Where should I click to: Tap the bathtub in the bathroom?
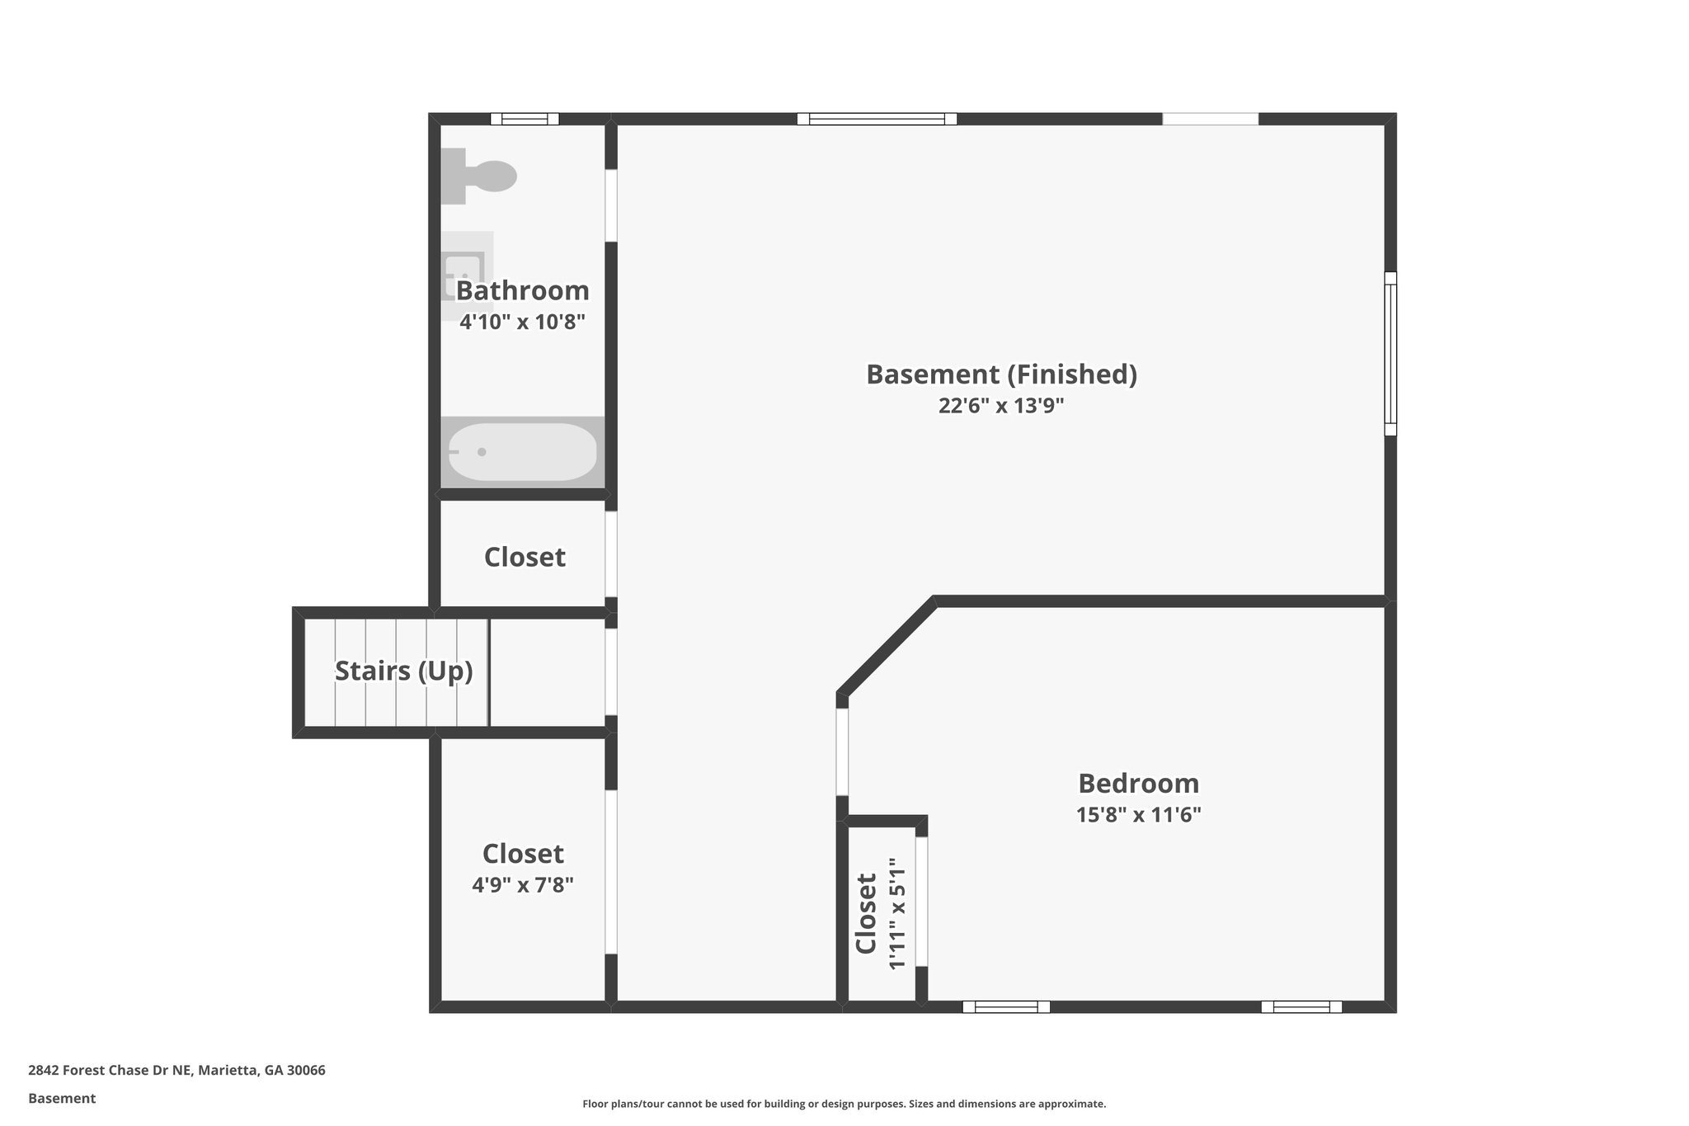(x=522, y=452)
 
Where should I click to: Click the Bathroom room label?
(x=522, y=290)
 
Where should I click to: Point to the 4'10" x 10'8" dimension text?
(x=522, y=322)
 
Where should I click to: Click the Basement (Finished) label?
(x=1001, y=375)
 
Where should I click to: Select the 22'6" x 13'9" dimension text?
(x=1001, y=406)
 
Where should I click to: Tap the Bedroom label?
(x=1138, y=783)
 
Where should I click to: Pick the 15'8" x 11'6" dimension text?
(x=1138, y=815)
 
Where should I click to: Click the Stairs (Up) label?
(x=403, y=671)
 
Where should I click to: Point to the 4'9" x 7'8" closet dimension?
(x=523, y=885)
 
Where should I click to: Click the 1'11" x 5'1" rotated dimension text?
(x=897, y=914)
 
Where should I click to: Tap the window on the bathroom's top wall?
(x=525, y=119)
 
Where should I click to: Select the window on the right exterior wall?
(x=1390, y=353)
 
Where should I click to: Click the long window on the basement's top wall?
(x=877, y=119)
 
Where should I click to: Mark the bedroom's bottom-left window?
(x=1006, y=1006)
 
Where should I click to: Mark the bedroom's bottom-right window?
(x=1301, y=1006)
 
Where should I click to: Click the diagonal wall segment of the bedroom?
(x=887, y=647)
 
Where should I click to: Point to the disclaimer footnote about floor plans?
(x=844, y=1104)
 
